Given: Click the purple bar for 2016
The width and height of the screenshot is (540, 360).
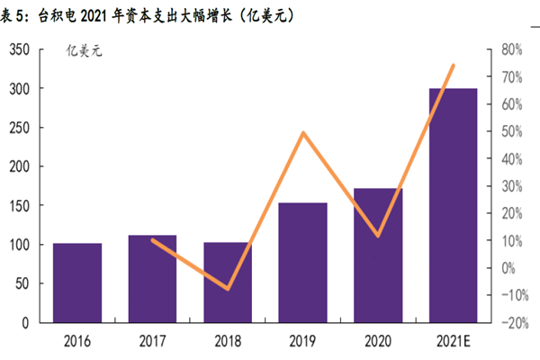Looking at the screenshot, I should point(76,283).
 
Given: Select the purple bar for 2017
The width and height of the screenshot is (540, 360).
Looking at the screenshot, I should point(152,278).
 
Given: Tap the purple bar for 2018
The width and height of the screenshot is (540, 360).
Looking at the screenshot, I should point(227,283).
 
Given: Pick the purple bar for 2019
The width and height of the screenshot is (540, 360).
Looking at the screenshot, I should point(302,262).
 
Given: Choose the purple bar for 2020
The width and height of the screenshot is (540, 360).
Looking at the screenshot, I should point(378,255).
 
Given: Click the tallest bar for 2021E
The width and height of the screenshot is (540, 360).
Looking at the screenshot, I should point(453,205).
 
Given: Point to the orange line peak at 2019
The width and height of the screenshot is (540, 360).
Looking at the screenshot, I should point(303,133).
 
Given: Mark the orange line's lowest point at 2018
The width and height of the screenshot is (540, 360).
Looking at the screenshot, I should point(228,289).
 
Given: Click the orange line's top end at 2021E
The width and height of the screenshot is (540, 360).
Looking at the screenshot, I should point(454,66).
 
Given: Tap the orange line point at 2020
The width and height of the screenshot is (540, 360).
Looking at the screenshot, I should point(378,236).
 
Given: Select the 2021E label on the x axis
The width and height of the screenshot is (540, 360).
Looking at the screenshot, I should point(453,342).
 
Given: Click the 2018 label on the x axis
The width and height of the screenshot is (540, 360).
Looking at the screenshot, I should point(227,342).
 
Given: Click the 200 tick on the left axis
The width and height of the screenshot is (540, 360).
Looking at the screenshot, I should point(20,166).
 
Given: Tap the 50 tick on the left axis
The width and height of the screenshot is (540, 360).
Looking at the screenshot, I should point(22,283).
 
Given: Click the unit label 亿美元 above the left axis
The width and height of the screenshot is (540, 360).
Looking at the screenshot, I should point(85,50).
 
